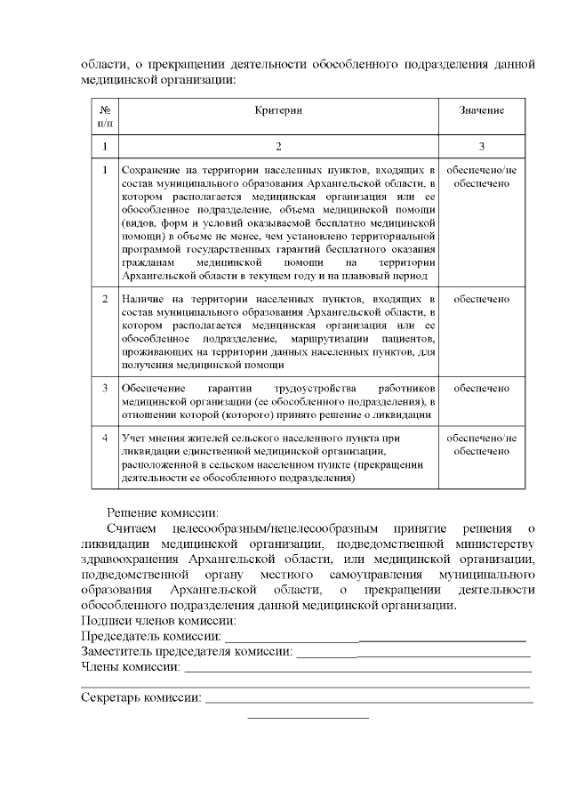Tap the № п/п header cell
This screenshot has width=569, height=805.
click(x=105, y=116)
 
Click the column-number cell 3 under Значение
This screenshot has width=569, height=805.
click(x=482, y=146)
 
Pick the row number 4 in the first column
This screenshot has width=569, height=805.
click(x=105, y=439)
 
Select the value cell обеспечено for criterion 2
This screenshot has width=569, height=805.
click(x=482, y=299)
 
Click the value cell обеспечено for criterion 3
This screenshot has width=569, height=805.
click(x=482, y=389)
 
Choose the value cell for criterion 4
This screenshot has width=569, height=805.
click(x=482, y=445)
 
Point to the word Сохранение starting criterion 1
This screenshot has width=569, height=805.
click(x=151, y=170)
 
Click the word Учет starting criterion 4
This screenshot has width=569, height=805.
click(x=133, y=439)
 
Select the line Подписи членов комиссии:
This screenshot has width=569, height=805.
click(x=158, y=620)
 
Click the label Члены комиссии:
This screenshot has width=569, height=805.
click(x=130, y=666)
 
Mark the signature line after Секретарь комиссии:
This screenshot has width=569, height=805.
click(x=369, y=701)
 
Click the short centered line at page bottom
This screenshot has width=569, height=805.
click(x=308, y=717)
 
